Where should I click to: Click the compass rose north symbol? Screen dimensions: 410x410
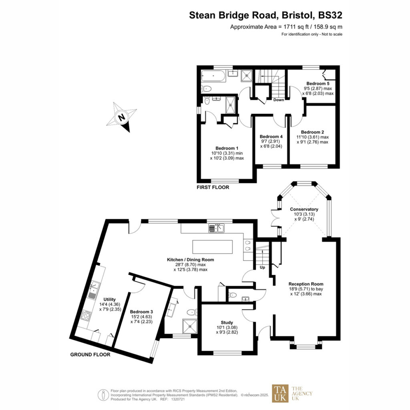121,117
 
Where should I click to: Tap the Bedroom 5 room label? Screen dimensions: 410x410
318,83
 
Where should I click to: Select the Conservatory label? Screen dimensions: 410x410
304,209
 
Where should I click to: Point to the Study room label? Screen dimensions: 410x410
227,322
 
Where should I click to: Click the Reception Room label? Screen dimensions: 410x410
306,284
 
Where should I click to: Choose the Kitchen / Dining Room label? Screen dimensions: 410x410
190,259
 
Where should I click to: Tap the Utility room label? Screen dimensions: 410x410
109,299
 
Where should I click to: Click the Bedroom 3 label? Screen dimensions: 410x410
141,312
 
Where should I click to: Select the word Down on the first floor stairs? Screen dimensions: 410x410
279,100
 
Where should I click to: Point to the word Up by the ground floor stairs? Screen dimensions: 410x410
262,267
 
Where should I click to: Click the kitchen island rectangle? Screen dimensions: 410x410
212,247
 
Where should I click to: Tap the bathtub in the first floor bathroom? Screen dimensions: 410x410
213,76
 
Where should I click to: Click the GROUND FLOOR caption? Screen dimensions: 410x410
90,355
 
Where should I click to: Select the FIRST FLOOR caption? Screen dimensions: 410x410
213,187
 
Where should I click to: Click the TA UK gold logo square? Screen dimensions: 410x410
280,393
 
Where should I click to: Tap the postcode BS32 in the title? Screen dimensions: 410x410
330,15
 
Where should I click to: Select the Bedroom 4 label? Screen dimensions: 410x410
271,137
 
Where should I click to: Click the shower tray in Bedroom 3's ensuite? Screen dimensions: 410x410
189,326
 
